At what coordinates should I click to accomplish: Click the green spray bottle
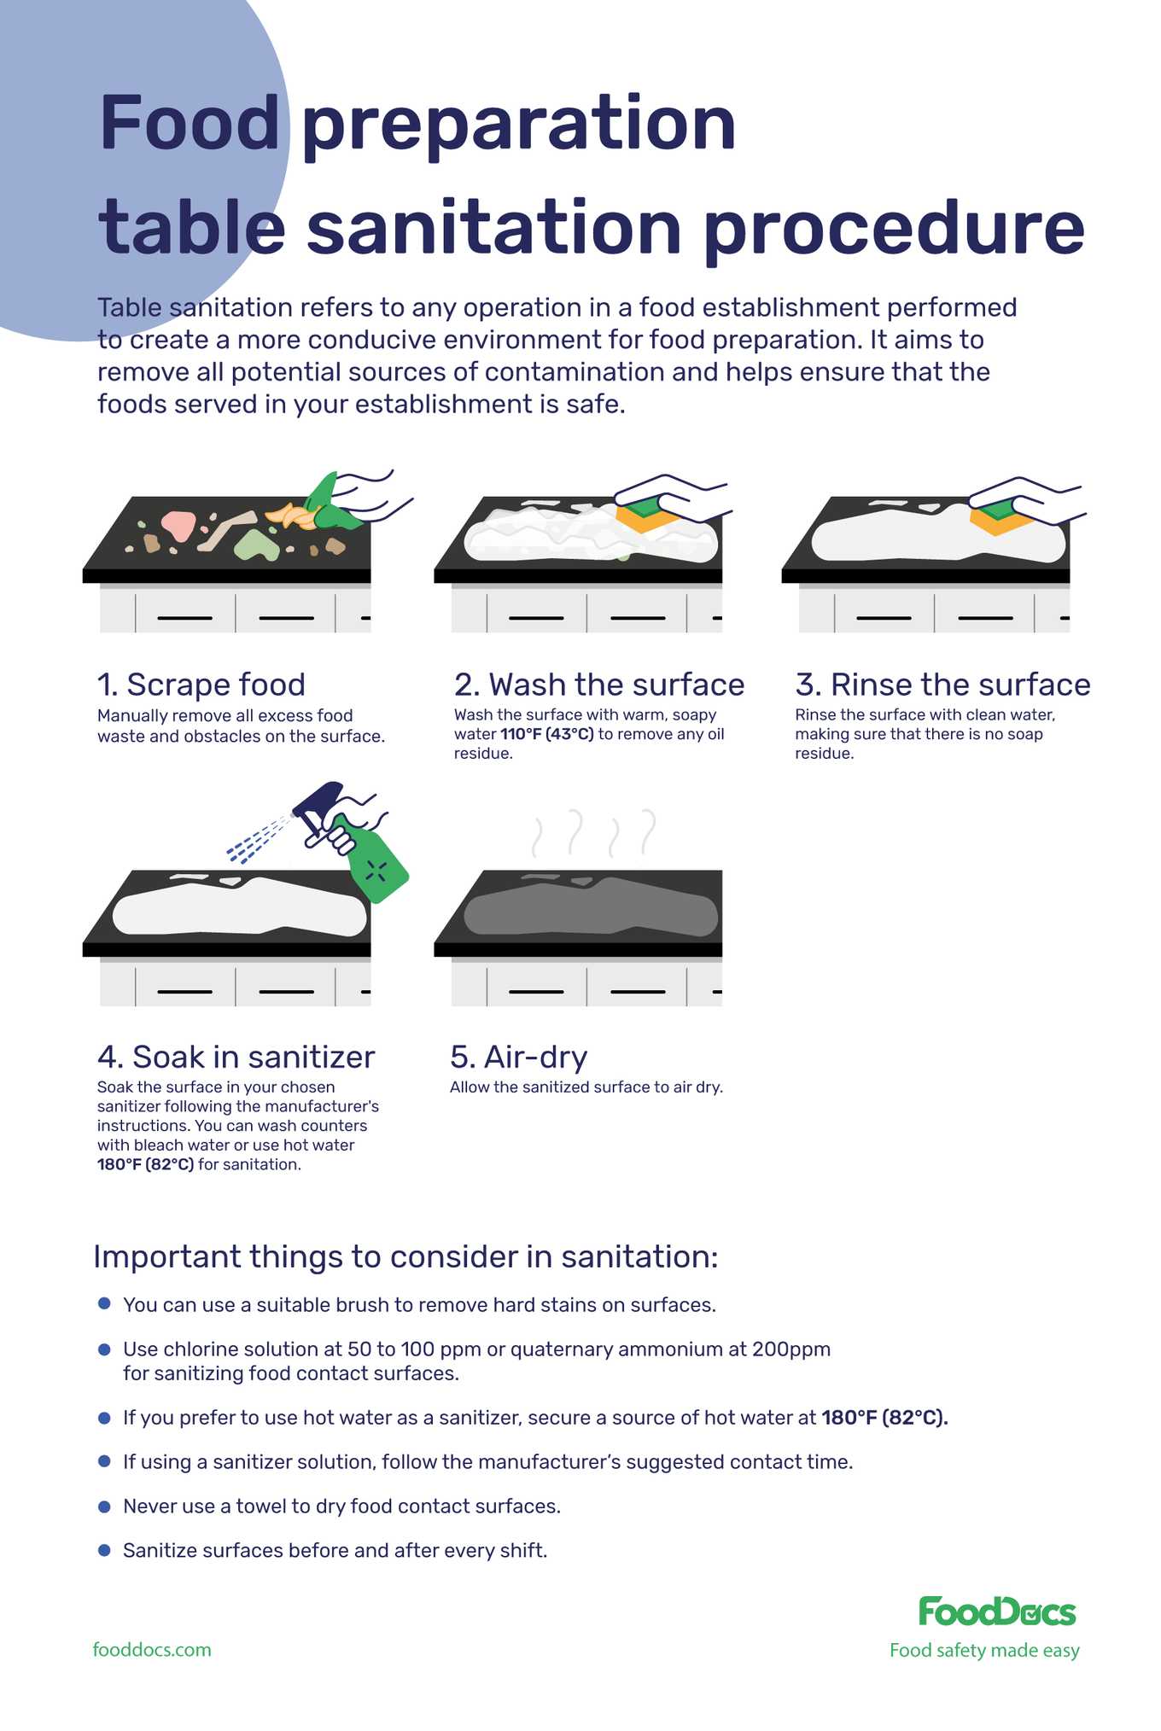(376, 862)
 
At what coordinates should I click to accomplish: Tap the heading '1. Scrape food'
(201, 685)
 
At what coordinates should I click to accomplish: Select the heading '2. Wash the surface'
(599, 685)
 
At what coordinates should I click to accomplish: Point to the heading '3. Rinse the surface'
(942, 685)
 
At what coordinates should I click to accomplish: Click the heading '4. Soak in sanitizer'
(236, 1057)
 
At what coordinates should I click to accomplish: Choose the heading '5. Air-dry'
(519, 1057)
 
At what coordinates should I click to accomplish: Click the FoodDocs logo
(996, 1612)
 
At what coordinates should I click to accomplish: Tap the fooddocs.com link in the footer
(152, 1650)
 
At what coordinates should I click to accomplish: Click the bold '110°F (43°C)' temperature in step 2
(547, 734)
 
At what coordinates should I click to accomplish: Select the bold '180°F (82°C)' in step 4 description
(146, 1164)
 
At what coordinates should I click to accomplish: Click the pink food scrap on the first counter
(178, 524)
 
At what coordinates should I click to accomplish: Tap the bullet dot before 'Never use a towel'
(104, 1506)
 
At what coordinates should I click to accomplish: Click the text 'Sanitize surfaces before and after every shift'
(335, 1550)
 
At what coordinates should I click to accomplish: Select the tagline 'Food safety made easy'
(984, 1650)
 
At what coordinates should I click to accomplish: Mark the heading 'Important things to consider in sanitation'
(405, 1256)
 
